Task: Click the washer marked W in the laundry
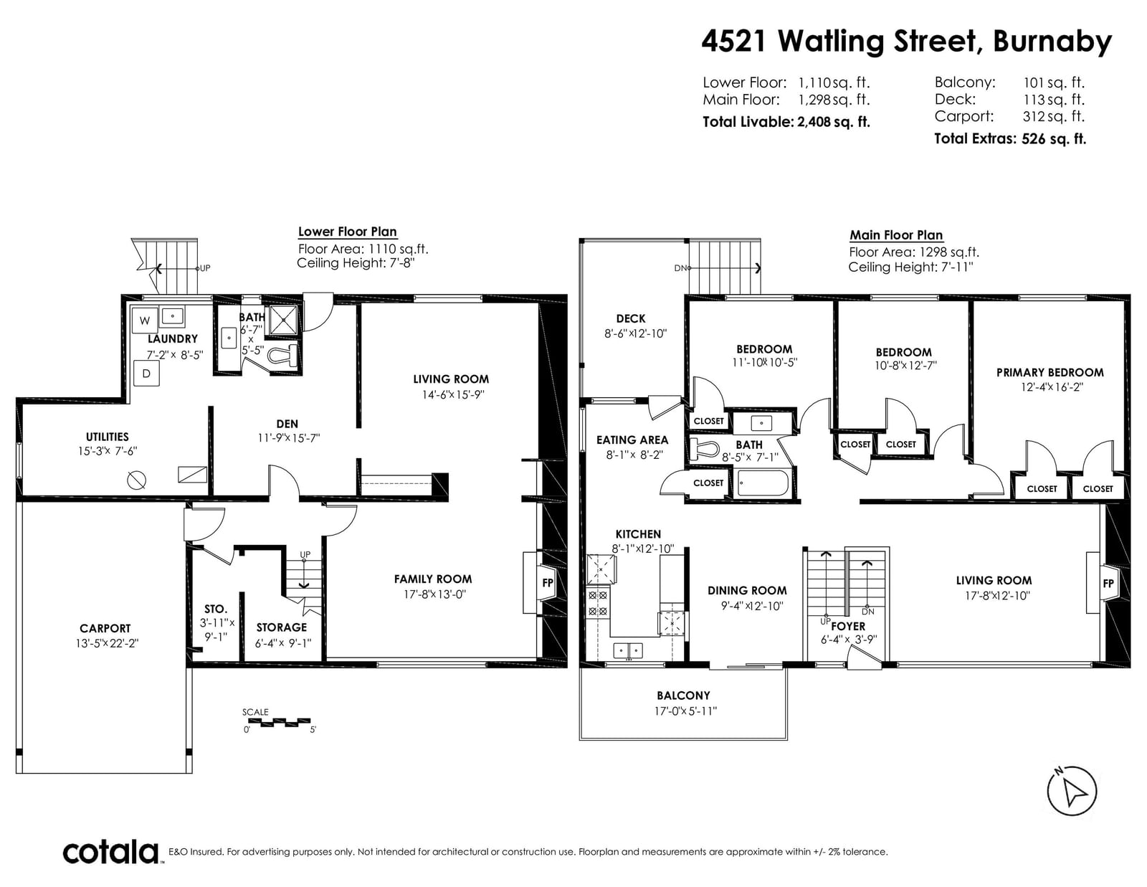point(145,320)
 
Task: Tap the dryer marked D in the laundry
point(146,374)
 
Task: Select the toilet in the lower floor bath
point(283,355)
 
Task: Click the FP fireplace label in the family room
point(548,583)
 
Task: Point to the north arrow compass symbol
point(1072,791)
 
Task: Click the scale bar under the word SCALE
point(276,721)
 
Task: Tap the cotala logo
point(111,852)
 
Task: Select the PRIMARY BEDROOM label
point(1050,372)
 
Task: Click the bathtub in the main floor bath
point(762,483)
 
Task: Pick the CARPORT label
point(105,628)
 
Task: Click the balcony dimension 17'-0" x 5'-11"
point(685,711)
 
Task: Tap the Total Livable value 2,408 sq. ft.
point(834,122)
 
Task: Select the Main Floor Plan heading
point(896,235)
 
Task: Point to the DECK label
point(631,318)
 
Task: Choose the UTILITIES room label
point(107,437)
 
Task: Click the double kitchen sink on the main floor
point(627,650)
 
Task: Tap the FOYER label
point(848,626)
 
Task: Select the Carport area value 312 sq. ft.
point(1054,116)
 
